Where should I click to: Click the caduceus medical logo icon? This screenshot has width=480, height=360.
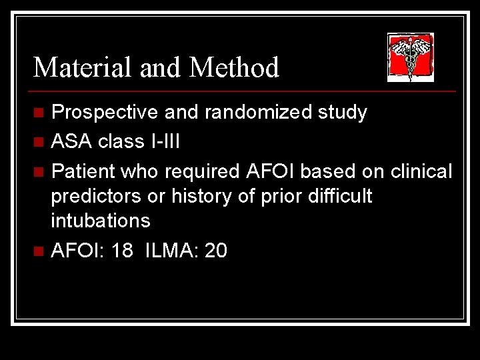point(411,57)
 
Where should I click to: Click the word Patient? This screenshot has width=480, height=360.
point(83,172)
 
